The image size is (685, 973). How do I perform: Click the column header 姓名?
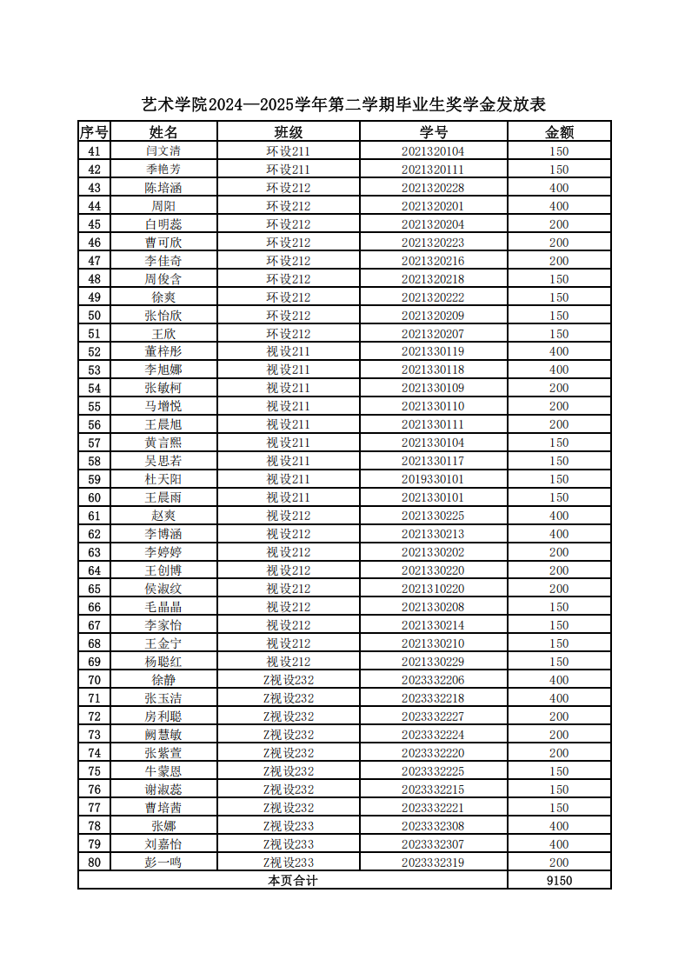pos(163,132)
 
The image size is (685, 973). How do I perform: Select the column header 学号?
pos(433,132)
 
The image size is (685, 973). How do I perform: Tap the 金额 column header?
pos(559,132)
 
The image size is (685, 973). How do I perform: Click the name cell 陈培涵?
pos(163,188)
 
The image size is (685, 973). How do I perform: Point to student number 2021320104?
pos(433,151)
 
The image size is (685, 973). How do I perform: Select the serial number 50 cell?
pos(95,316)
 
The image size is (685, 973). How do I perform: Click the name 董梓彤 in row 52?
pos(163,352)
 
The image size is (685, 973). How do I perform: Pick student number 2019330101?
pos(433,479)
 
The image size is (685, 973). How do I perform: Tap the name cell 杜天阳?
pos(163,479)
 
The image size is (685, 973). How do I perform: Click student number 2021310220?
pos(433,589)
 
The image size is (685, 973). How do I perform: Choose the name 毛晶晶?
pos(163,607)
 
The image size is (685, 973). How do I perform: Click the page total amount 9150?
pos(559,881)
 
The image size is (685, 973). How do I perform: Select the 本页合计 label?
pos(293,881)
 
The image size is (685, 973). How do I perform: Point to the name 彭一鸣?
pos(163,863)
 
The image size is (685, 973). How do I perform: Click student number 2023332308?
pos(433,826)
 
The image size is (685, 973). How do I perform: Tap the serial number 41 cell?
pos(95,151)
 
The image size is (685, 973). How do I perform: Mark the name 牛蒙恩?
pos(163,771)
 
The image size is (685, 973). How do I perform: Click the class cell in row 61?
pos(288,516)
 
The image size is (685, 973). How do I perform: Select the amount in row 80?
pos(559,863)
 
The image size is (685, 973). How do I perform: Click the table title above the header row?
pos(343,105)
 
